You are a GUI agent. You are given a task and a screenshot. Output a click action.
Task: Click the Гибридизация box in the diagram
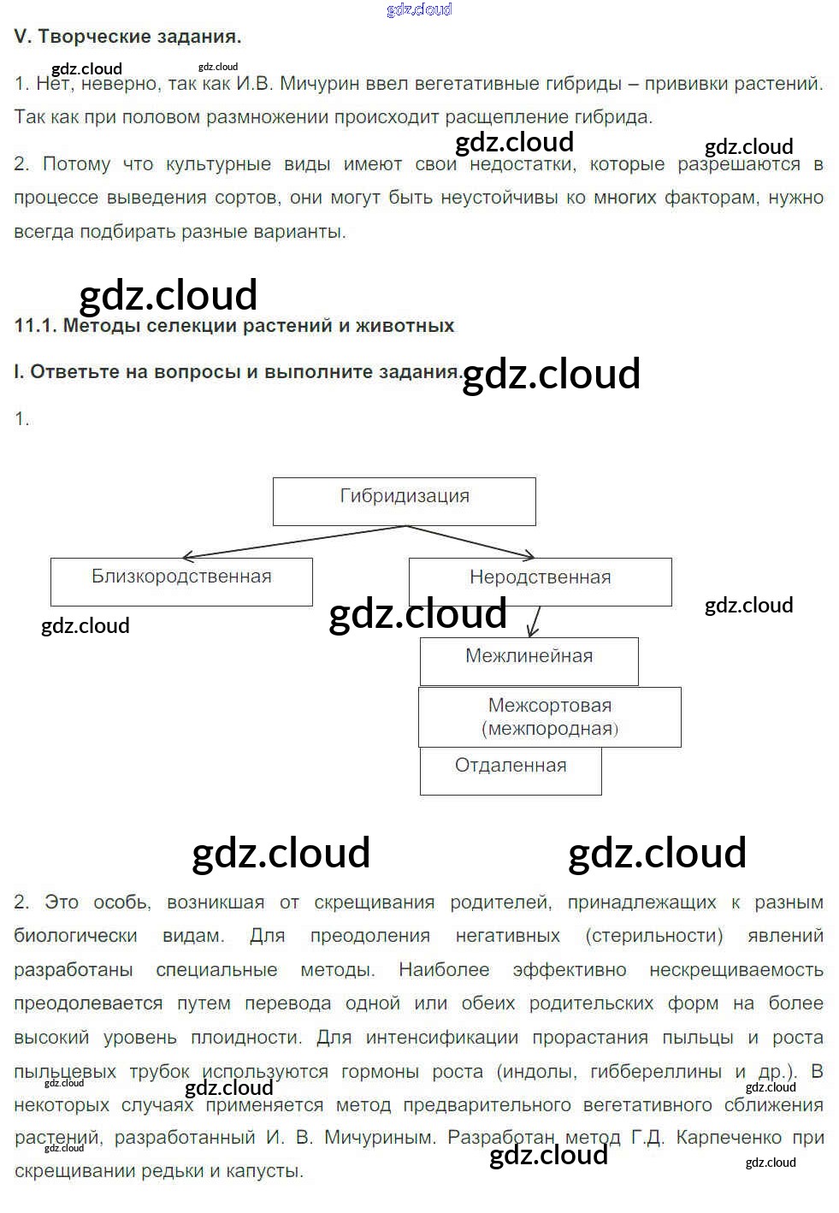coord(404,500)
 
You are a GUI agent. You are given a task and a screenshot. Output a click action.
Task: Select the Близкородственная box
coord(181,582)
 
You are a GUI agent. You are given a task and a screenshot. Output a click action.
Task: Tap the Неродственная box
coord(540,582)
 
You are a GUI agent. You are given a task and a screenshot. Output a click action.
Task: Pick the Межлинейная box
coord(529,660)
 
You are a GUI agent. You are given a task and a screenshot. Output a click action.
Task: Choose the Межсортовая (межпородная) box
coord(549,717)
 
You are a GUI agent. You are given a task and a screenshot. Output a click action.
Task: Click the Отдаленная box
coord(511,770)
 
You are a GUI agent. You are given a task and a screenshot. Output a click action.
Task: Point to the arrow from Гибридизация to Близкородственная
coord(291,542)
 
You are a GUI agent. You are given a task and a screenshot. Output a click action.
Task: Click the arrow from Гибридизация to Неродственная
coord(470,541)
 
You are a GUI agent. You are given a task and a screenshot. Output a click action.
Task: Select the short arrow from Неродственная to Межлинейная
coord(535,622)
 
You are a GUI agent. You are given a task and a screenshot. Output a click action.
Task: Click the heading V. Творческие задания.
coord(127,37)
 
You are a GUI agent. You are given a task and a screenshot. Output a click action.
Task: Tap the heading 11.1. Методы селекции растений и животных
coord(234,326)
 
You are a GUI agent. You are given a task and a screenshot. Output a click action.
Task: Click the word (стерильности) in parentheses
coord(654,936)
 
